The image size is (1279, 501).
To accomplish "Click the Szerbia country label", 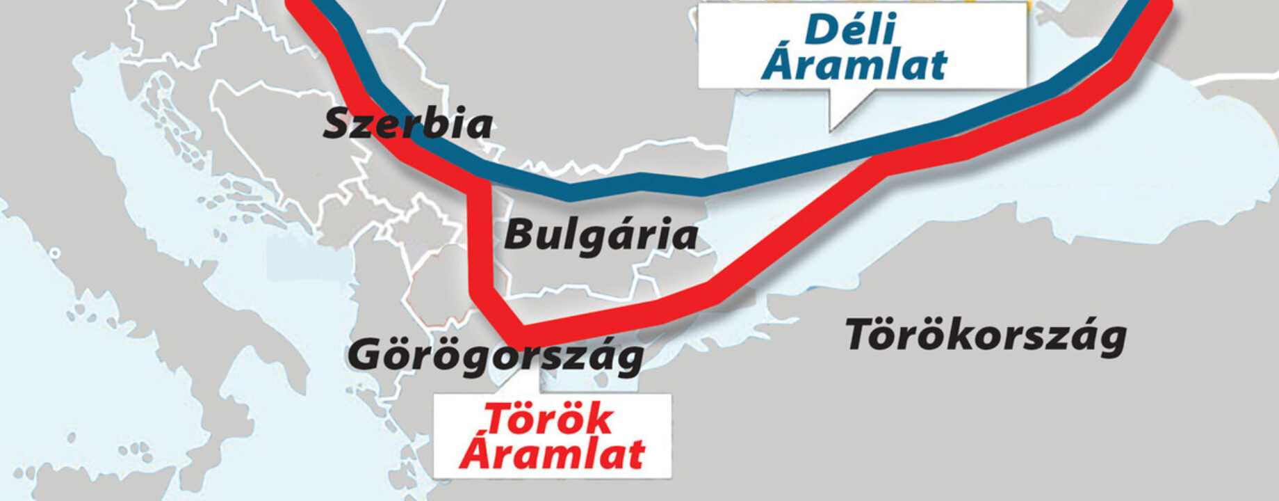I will click(408, 125).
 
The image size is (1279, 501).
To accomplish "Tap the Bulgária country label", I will click(601, 235).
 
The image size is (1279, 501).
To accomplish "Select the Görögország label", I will click(495, 355).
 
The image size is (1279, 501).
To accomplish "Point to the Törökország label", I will click(985, 336).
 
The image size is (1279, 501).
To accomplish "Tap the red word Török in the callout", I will click(548, 420).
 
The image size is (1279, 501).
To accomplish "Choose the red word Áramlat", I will click(552, 453).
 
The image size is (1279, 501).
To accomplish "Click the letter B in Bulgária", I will click(518, 235).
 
